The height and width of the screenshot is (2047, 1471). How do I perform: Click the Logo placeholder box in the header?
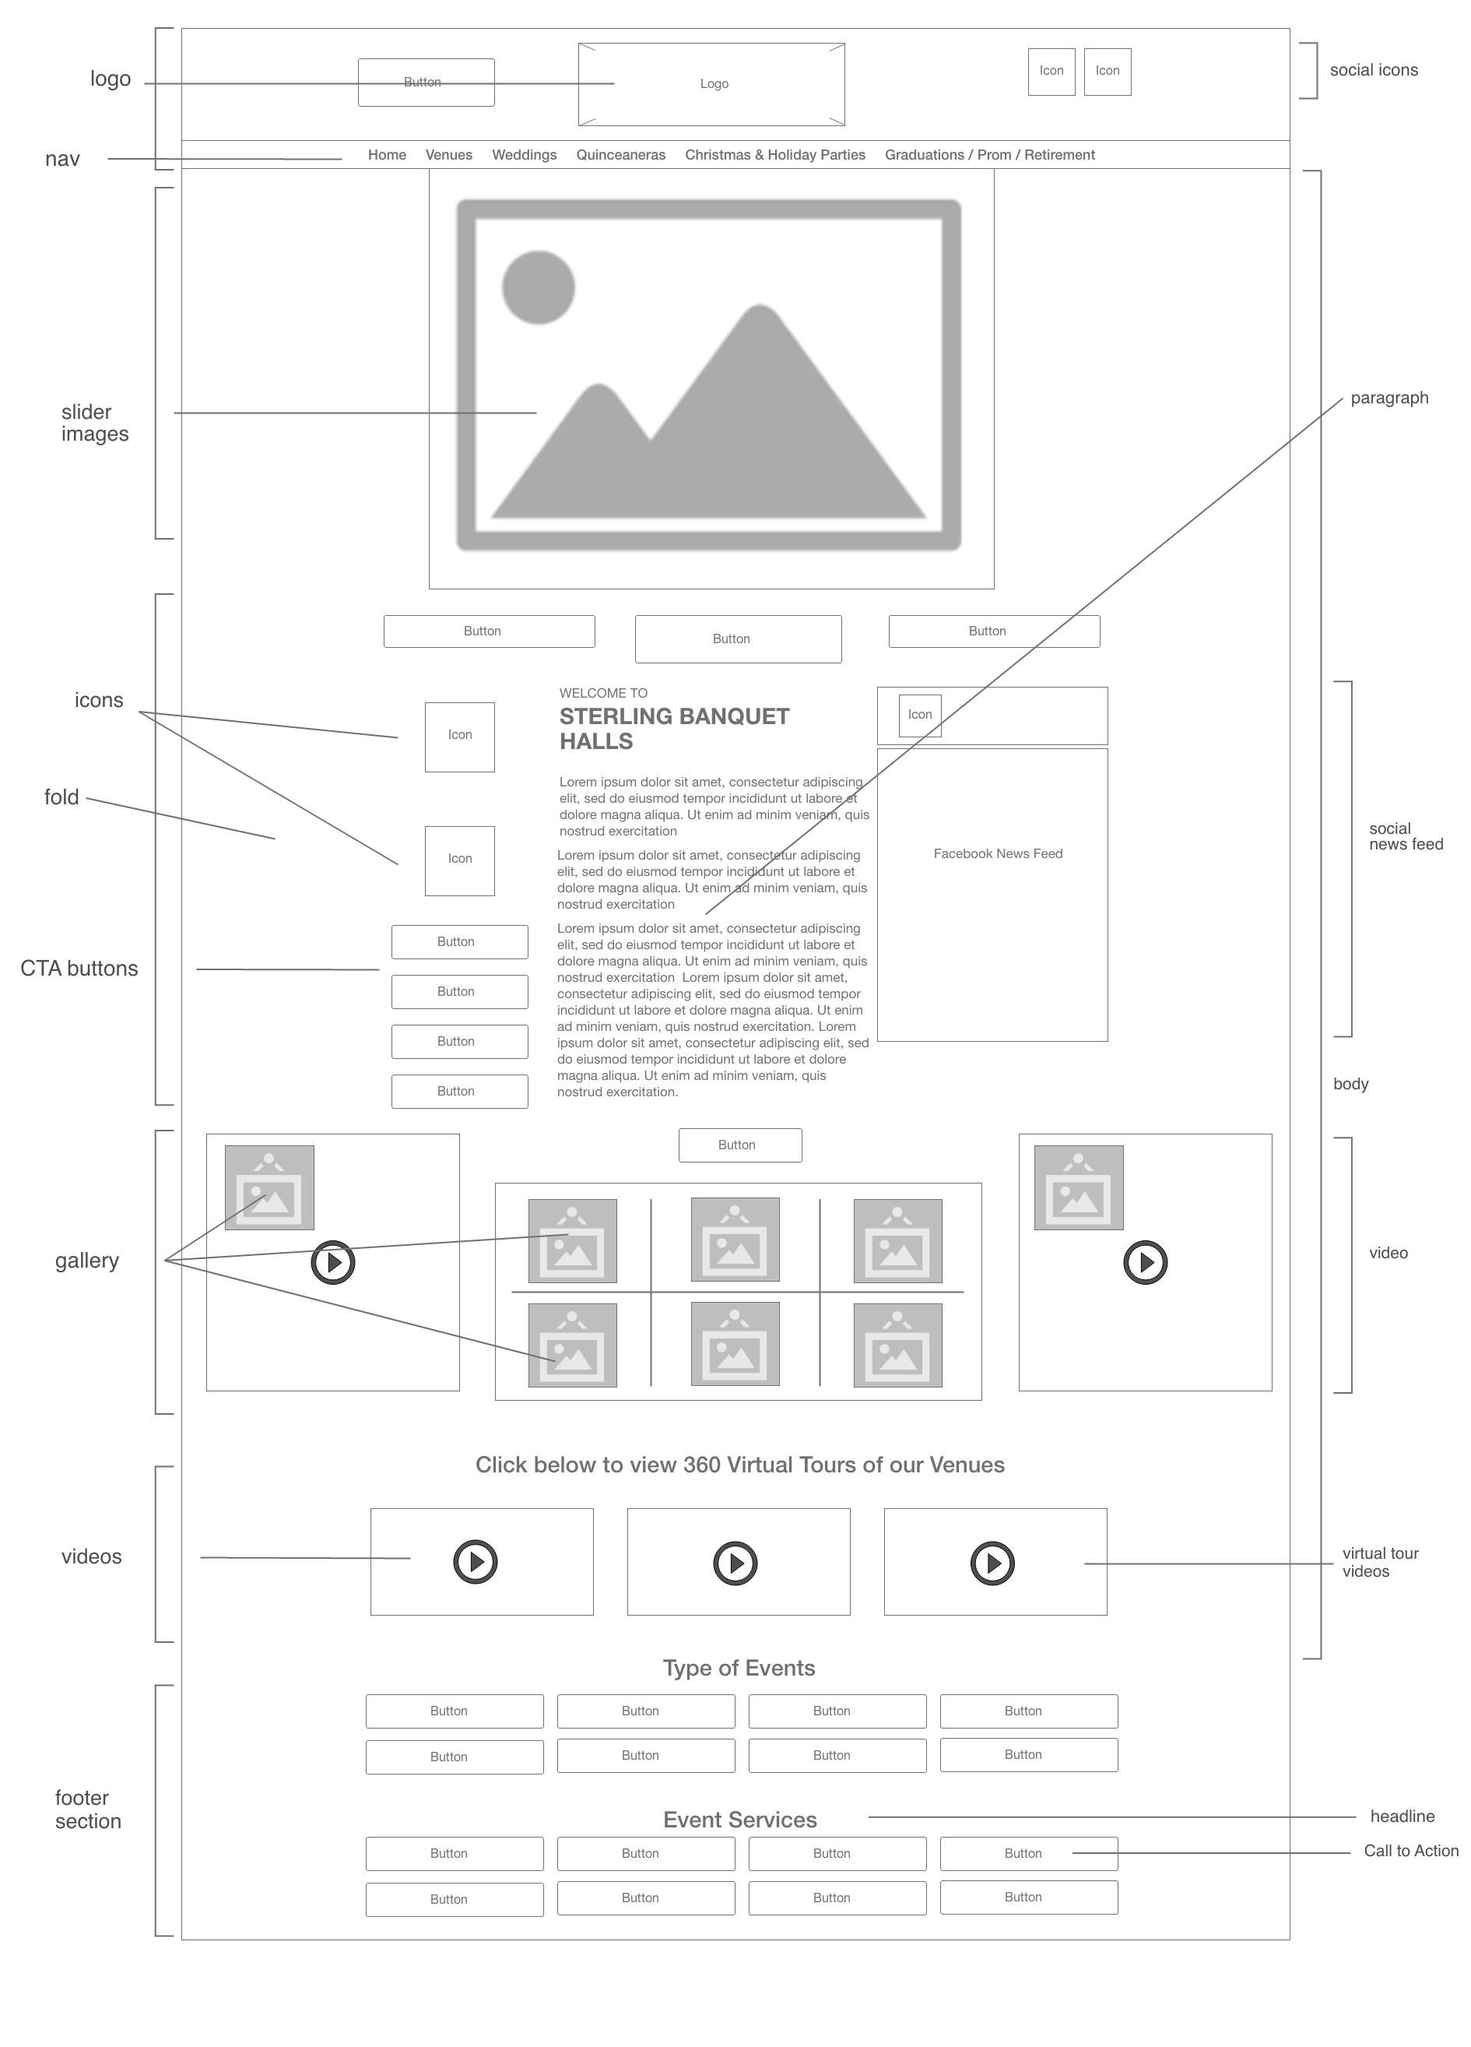coord(712,84)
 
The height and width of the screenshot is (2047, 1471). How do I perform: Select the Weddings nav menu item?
coord(525,155)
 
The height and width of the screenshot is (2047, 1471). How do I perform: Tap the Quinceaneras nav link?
coord(621,155)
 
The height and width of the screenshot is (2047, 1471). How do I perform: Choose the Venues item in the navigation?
coord(448,155)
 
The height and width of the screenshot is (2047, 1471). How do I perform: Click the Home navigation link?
coord(387,155)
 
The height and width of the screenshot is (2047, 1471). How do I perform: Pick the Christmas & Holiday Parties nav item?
coord(774,155)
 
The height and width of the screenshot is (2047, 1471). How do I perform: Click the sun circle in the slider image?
coord(538,287)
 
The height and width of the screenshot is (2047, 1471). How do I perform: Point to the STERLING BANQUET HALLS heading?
coord(673,728)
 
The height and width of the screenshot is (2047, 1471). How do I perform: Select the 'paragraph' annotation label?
coord(1388,398)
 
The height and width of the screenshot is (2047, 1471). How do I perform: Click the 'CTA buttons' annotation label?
coord(79,969)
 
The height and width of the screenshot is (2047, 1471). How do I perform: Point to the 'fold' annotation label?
coord(61,797)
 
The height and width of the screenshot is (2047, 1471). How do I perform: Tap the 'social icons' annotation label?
coord(1374,70)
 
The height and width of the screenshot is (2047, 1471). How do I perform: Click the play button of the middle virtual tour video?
coord(735,1563)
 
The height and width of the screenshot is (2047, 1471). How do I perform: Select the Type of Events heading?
coord(738,1668)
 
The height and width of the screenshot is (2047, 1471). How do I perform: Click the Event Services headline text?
coord(740,1820)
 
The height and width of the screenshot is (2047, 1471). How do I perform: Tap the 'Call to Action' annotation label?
coord(1410,1850)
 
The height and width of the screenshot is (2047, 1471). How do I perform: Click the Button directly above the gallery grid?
coord(740,1145)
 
